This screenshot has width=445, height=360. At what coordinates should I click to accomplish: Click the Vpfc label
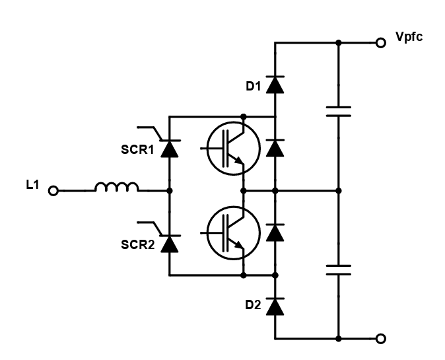(x=409, y=37)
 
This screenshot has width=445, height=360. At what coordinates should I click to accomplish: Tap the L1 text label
(x=32, y=185)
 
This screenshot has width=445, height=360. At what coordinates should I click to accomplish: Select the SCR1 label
(x=137, y=150)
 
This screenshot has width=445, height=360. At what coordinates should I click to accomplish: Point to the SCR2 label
(x=137, y=244)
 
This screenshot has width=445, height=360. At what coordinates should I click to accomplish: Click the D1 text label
(x=253, y=87)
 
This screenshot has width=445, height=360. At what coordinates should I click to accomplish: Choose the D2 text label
(x=253, y=305)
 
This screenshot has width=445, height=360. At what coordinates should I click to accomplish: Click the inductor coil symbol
(x=117, y=188)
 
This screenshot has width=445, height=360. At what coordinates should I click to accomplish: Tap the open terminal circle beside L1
(x=53, y=191)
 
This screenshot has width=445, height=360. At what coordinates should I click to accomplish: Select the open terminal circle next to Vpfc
(x=380, y=43)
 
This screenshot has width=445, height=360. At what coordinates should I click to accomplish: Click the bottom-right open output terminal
(x=380, y=339)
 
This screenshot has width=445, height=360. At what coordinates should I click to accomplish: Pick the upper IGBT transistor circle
(x=207, y=148)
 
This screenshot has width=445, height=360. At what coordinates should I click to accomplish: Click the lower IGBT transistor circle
(x=207, y=233)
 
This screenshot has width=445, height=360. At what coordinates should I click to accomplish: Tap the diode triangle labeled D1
(x=275, y=85)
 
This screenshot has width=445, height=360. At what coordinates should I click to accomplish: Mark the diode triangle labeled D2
(x=275, y=306)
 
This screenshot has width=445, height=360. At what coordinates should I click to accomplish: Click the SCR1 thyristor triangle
(x=170, y=149)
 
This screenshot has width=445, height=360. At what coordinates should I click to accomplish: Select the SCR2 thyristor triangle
(x=170, y=244)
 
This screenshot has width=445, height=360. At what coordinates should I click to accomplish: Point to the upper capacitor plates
(x=339, y=112)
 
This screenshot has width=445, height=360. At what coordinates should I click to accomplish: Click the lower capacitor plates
(x=339, y=270)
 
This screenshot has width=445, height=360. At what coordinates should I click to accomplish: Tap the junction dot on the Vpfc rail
(x=339, y=43)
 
